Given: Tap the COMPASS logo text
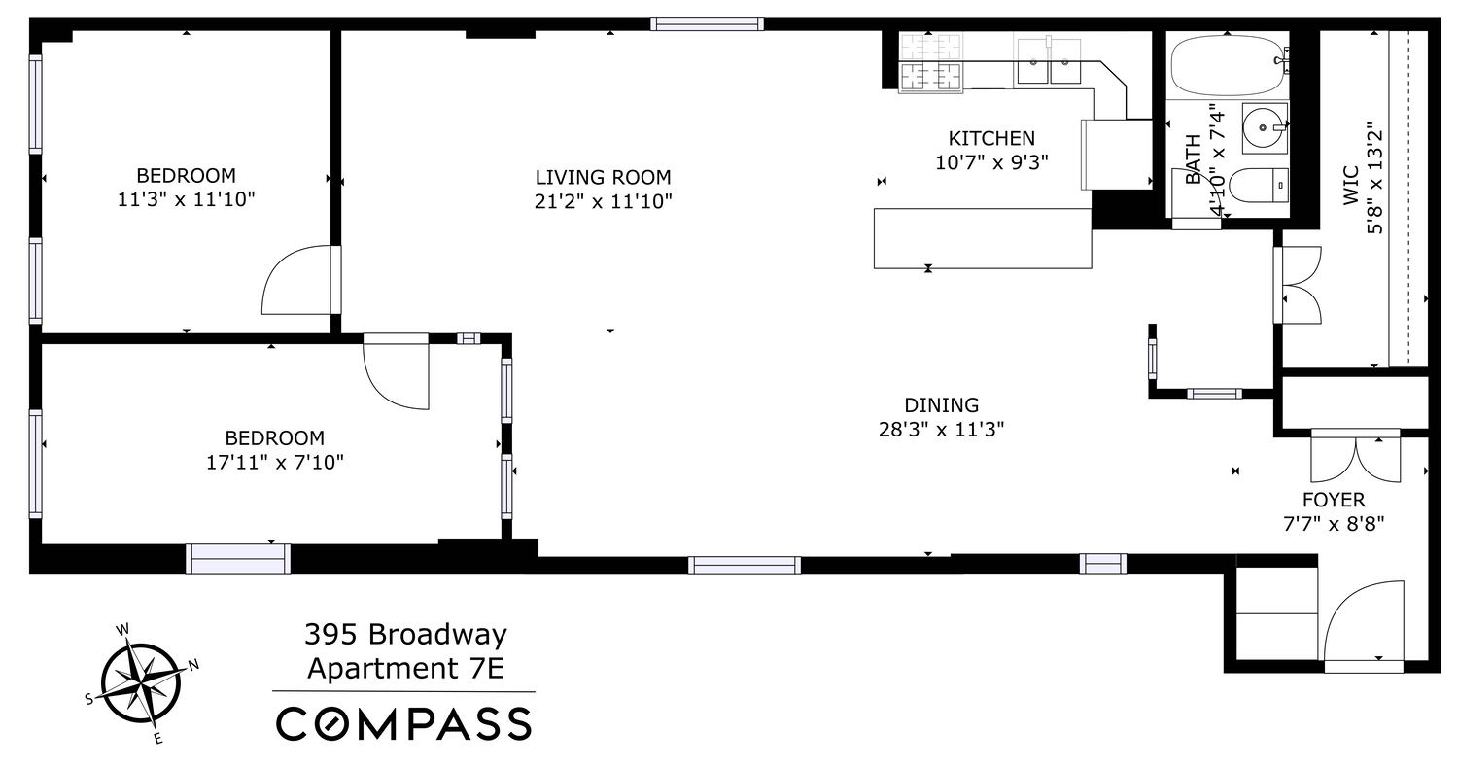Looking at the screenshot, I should pyautogui.click(x=404, y=724).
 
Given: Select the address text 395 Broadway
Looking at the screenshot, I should pyautogui.click(x=405, y=635).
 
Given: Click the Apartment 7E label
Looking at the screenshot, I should pyautogui.click(x=405, y=669).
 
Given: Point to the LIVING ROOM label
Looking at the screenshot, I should pyautogui.click(x=603, y=177).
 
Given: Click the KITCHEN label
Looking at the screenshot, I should pyautogui.click(x=991, y=138).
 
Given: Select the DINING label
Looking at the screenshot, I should pyautogui.click(x=941, y=405).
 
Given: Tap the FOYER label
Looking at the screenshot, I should pyautogui.click(x=1333, y=500).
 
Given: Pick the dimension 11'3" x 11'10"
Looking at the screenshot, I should pyautogui.click(x=186, y=199).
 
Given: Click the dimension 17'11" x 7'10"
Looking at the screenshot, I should pyautogui.click(x=275, y=462).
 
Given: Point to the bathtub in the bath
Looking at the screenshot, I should pyautogui.click(x=1226, y=66).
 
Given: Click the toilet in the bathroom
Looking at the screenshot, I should pyautogui.click(x=1258, y=184).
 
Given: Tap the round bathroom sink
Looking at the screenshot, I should pyautogui.click(x=1265, y=126).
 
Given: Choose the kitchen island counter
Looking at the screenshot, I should pyautogui.click(x=982, y=238).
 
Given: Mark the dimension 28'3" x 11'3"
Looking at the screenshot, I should pyautogui.click(x=941, y=430).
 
